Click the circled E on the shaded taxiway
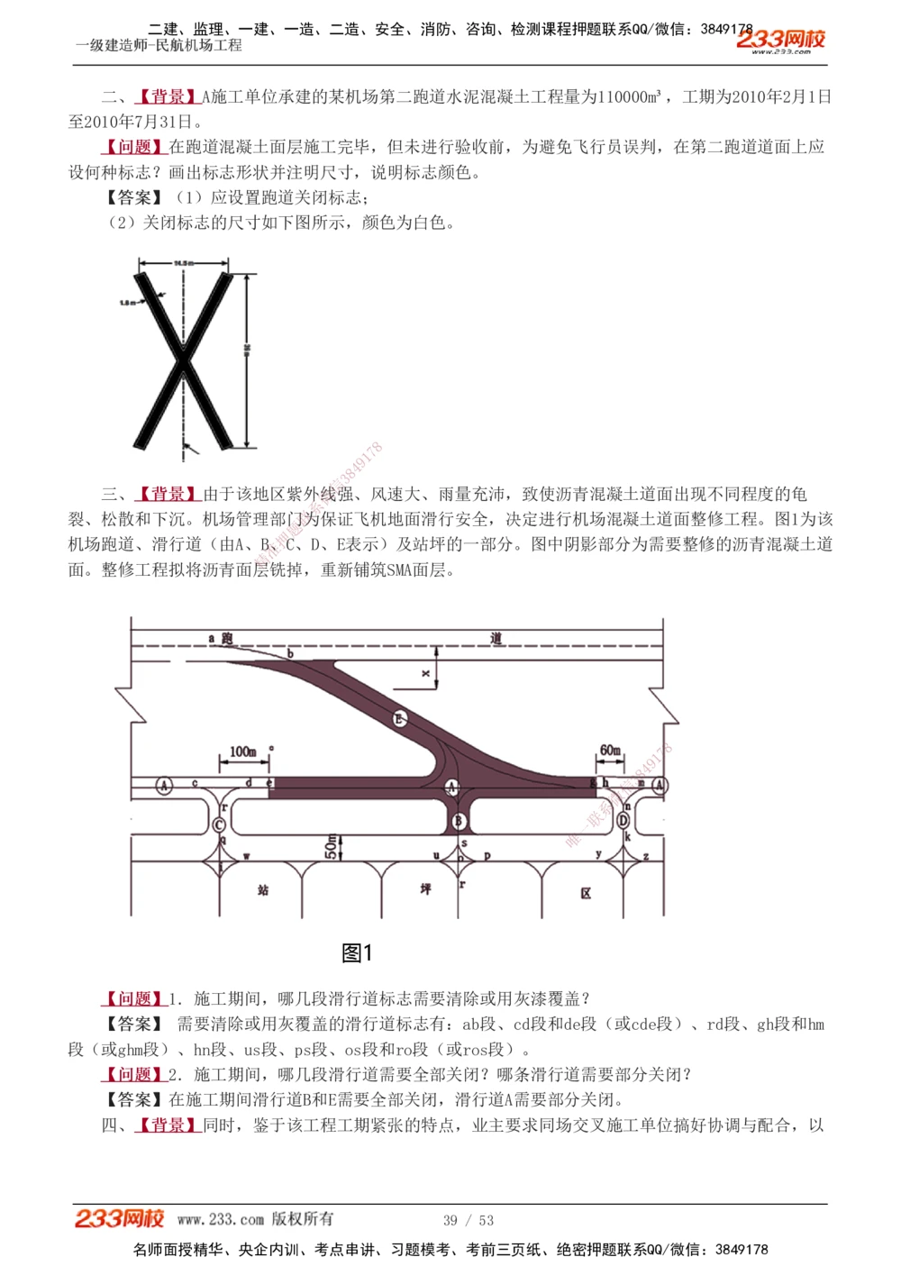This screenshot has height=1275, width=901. (x=400, y=718)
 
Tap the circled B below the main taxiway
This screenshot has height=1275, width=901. (x=459, y=821)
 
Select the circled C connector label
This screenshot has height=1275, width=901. (x=220, y=824)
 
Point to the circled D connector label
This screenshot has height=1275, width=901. (x=623, y=820)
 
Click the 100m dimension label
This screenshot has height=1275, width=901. (x=242, y=751)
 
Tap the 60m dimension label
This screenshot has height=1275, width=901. (x=610, y=750)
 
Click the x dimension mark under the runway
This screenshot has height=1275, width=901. (x=426, y=673)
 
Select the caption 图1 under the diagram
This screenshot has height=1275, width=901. (x=357, y=952)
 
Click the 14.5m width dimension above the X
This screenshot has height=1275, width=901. (x=184, y=262)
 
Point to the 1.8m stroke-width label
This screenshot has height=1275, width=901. (x=127, y=303)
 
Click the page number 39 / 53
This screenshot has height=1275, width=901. (x=469, y=1220)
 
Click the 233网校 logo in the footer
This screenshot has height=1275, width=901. (x=120, y=1219)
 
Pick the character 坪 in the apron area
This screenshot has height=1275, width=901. (x=425, y=889)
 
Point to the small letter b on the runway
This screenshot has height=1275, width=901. (x=290, y=652)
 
